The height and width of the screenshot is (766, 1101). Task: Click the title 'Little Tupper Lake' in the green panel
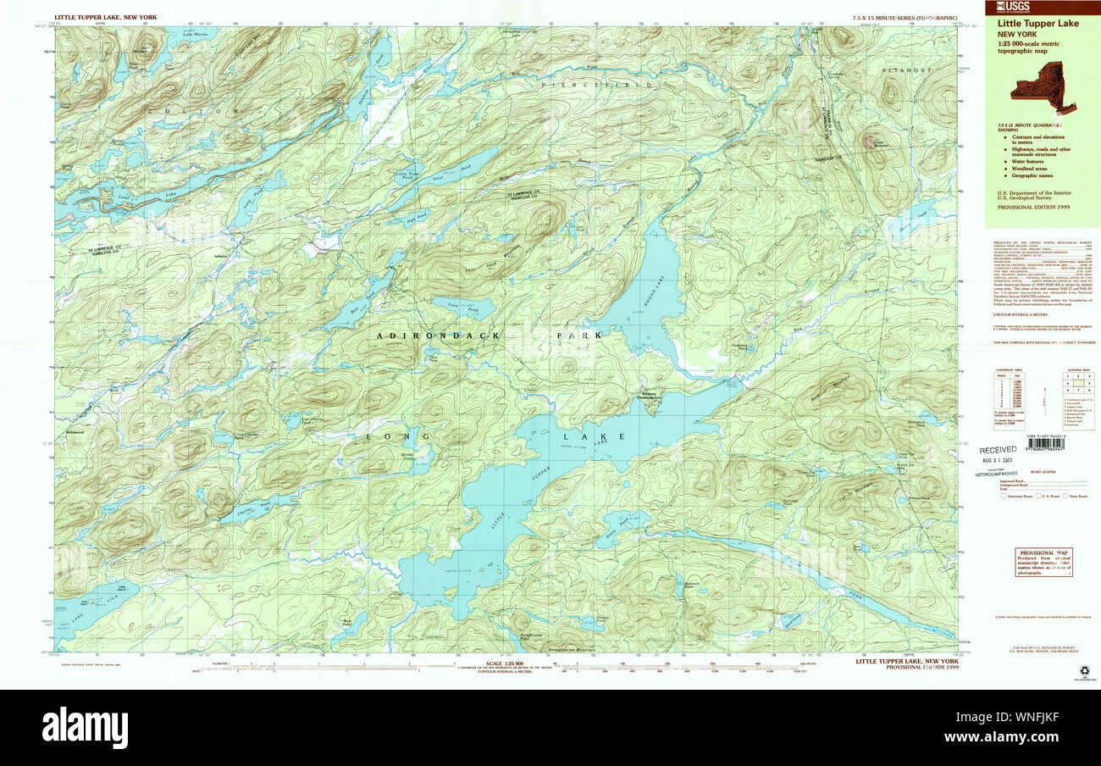click(x=1037, y=24)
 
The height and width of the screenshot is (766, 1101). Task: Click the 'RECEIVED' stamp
click(x=997, y=451)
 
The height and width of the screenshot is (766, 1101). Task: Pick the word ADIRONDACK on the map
click(x=439, y=336)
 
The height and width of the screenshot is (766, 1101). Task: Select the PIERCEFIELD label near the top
click(x=597, y=85)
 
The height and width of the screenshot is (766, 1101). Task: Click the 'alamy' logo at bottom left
click(x=85, y=727)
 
